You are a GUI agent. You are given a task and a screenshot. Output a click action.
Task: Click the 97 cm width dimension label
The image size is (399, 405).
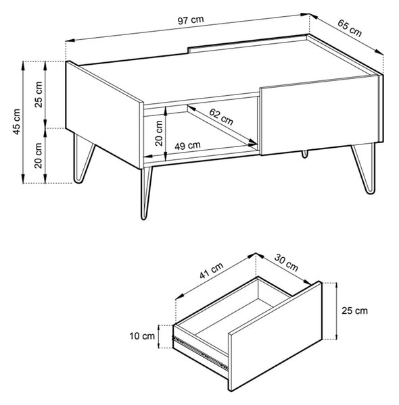point(191,20)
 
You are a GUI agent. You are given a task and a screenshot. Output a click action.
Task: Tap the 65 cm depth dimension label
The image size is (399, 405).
point(350,28)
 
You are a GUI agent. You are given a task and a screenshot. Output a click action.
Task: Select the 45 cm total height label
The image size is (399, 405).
point(16,122)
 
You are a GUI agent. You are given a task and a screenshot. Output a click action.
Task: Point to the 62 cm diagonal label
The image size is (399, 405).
point(221,117)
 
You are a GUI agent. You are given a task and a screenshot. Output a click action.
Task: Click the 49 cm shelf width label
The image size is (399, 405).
point(187,146)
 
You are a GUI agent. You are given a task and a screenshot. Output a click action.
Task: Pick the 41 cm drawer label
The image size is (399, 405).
point(212,271)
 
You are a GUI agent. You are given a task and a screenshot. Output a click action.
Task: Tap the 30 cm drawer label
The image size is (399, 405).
point(286,263)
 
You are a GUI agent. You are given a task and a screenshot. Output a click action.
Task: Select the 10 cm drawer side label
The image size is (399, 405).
point(142,336)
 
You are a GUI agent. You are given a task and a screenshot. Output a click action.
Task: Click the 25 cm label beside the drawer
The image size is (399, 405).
point(354,310)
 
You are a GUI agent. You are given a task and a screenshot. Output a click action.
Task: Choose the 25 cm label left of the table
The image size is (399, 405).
point(39,94)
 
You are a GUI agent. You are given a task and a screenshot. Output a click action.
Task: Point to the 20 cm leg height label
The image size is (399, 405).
point(39,155)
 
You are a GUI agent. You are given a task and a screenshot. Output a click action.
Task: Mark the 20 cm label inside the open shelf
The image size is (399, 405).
point(159,133)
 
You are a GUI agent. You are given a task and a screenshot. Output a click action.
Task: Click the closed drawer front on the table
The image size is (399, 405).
point(320,115)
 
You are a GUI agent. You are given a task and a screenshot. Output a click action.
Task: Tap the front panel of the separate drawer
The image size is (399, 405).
point(275,335)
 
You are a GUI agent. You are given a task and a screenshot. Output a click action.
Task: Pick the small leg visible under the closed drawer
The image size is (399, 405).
point(305,154)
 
